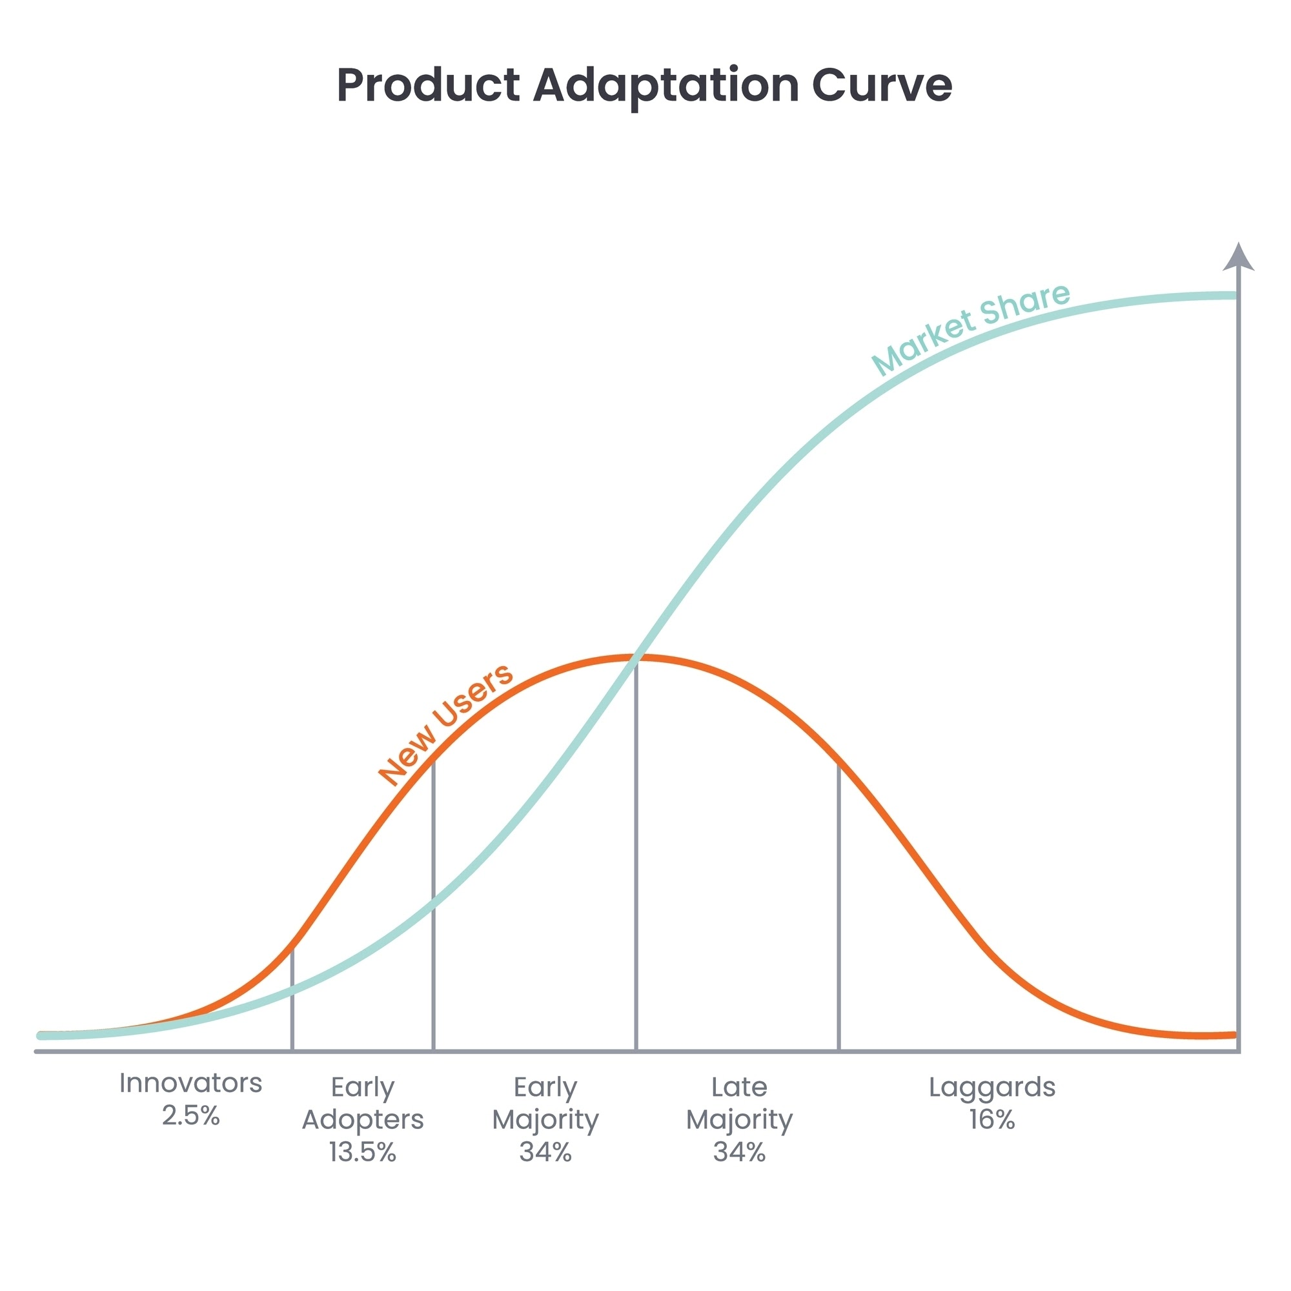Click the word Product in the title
tap(429, 86)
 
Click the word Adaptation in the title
tap(666, 86)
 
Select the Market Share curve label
tap(970, 329)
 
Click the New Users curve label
tap(445, 724)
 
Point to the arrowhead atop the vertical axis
tap(1238, 258)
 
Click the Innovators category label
tap(190, 1083)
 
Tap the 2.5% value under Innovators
tap(190, 1115)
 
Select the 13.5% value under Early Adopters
tap(362, 1152)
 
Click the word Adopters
tap(362, 1119)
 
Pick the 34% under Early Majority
tap(545, 1152)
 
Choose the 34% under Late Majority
tap(739, 1152)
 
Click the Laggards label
tap(991, 1087)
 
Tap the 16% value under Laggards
tap(991, 1119)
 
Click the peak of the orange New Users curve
tap(635, 658)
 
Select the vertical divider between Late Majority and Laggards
tap(839, 909)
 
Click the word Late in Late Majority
tap(739, 1087)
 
